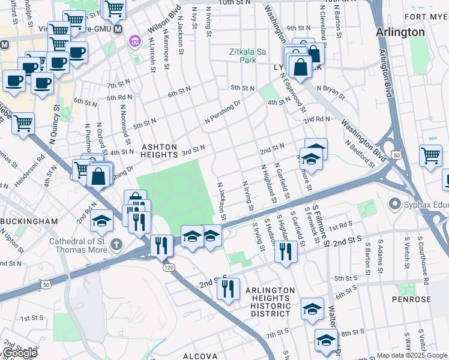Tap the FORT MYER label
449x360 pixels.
[427, 16]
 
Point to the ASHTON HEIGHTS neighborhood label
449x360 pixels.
[159, 151]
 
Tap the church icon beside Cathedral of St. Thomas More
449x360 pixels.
[116, 244]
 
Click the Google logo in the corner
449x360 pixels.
[19, 352]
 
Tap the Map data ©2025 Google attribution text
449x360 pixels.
[412, 355]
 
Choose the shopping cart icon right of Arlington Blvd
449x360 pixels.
[430, 156]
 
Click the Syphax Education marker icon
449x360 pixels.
[394, 205]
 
